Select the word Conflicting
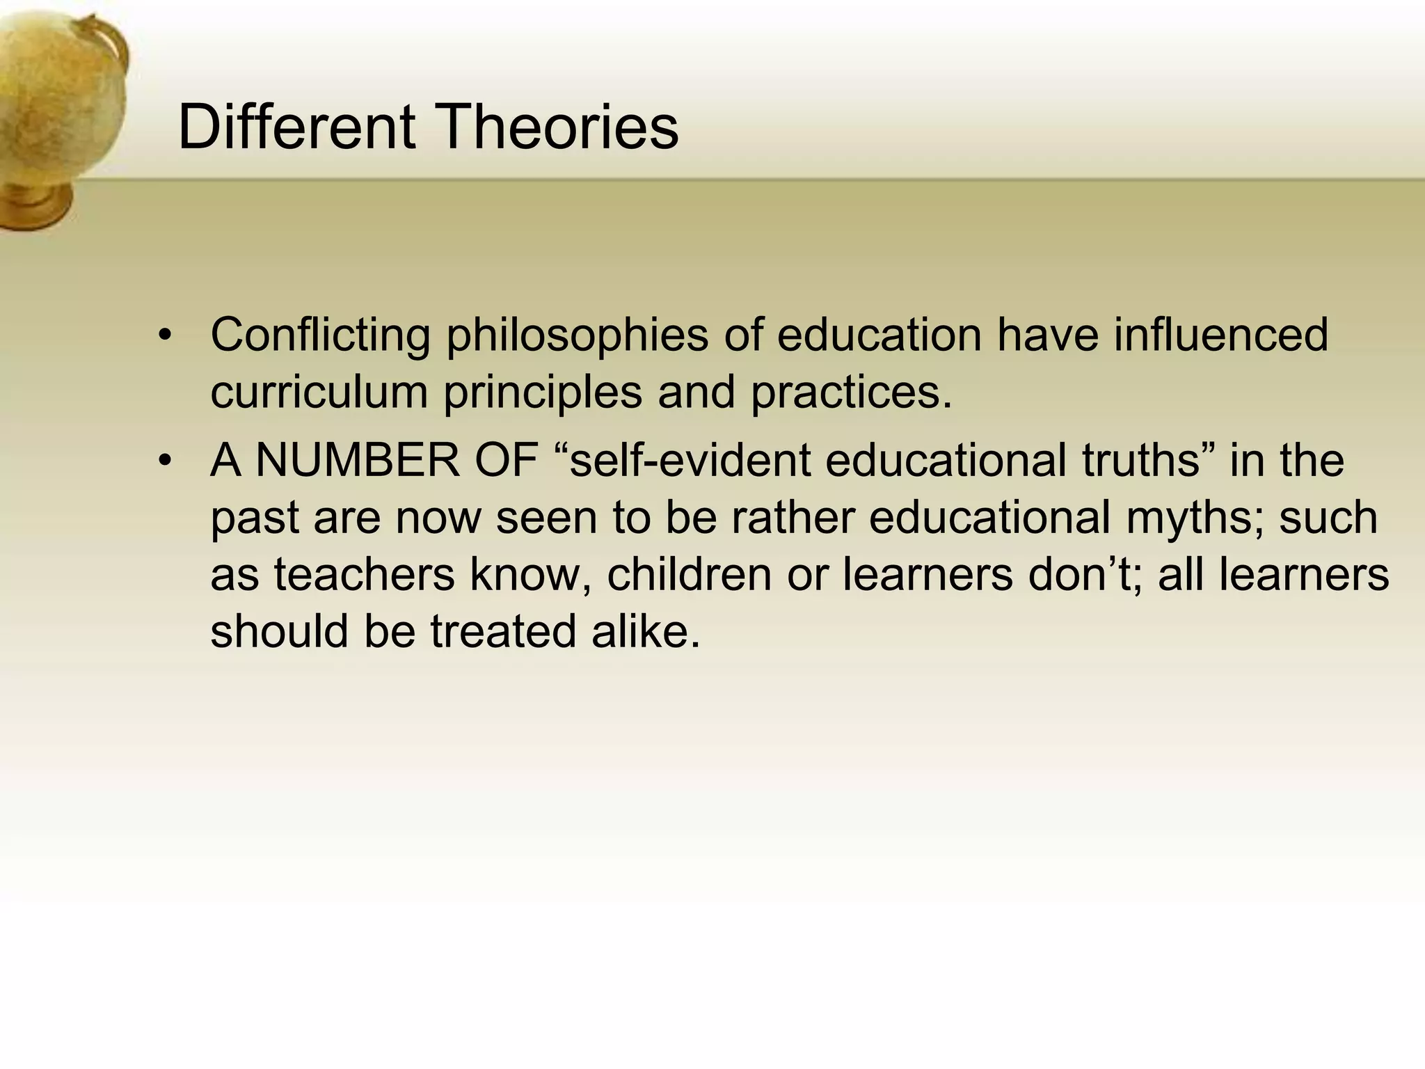coord(320,335)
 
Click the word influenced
coord(1220,335)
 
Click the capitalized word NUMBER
coord(358,461)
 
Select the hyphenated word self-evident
coord(690,461)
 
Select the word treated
coord(503,632)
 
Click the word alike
coord(645,632)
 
